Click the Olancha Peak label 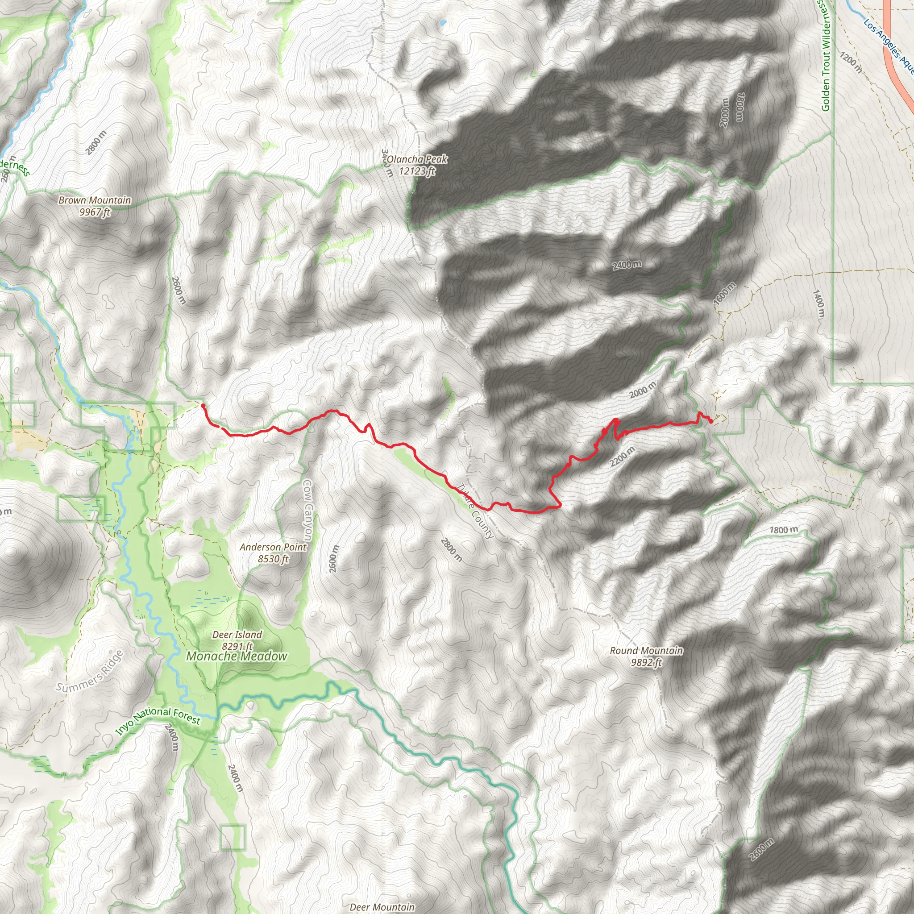click(416, 165)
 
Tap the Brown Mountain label click(95, 206)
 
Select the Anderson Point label click(273, 553)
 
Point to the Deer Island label click(237, 640)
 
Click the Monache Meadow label click(237, 656)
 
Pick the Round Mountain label click(646, 656)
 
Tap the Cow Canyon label click(307, 511)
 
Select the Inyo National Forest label click(158, 720)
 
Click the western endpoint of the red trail click(203, 405)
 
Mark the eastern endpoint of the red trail click(711, 421)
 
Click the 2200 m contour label click(622, 456)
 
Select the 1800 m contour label click(783, 530)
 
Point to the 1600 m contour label click(725, 293)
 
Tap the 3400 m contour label click(387, 163)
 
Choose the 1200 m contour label click(851, 62)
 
